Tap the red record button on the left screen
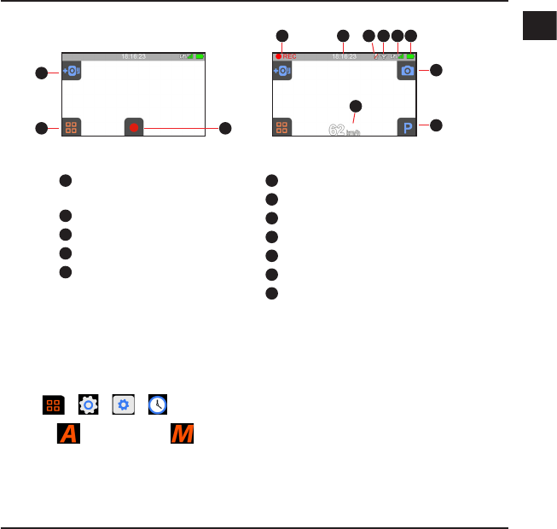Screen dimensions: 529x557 click(134, 128)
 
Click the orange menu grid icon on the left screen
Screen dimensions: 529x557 click(71, 128)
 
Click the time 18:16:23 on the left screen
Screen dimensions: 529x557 click(133, 57)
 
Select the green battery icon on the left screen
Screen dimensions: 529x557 click(200, 57)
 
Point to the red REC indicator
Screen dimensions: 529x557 click(286, 57)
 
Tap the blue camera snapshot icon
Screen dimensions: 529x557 click(407, 71)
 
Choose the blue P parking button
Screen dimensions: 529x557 click(407, 128)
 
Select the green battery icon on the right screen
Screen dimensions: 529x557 click(410, 57)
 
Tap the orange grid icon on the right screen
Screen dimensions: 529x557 click(281, 128)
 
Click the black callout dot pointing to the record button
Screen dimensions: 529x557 click(225, 128)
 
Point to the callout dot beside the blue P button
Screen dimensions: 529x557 click(437, 125)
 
